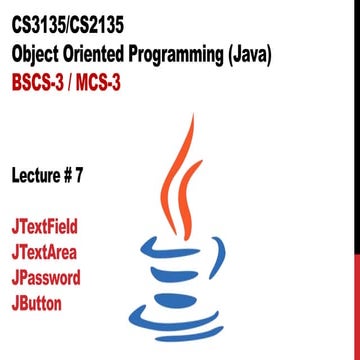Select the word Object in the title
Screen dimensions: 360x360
[39, 52]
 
